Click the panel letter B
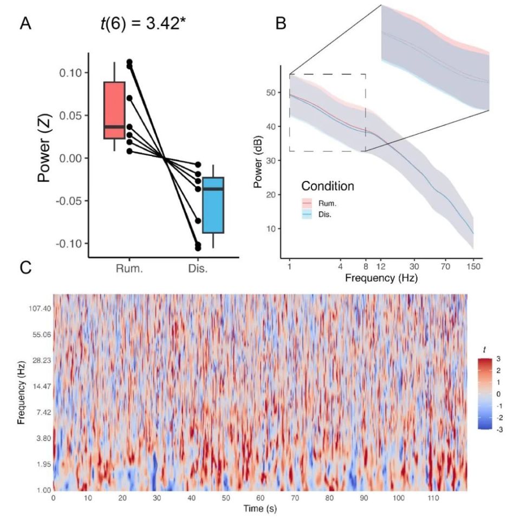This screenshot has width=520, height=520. click(281, 24)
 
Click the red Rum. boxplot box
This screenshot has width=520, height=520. click(114, 110)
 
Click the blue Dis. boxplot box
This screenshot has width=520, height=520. click(213, 205)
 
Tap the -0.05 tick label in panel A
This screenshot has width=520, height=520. click(71, 201)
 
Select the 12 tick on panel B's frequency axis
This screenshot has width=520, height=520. click(380, 266)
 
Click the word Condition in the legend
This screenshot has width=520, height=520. click(328, 186)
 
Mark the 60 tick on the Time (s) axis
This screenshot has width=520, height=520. click(261, 497)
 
